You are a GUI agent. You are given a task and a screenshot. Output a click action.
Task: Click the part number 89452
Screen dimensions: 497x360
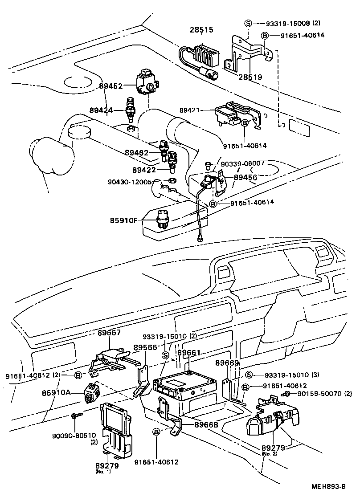[110, 87]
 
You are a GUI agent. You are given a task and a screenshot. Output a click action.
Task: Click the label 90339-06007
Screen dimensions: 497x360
[243, 163]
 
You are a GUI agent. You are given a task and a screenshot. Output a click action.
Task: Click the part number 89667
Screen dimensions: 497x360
[110, 333]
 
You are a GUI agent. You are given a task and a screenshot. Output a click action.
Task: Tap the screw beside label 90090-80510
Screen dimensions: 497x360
[75, 416]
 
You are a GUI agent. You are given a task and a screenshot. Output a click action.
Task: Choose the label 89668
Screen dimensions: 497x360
[206, 425]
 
